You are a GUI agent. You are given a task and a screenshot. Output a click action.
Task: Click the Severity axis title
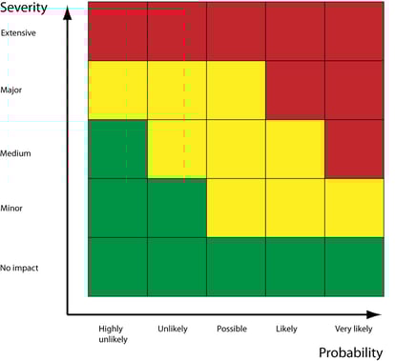(25, 10)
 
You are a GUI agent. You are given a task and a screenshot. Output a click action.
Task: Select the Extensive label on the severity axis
(19, 33)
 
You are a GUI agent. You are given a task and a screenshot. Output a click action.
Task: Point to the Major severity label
(12, 90)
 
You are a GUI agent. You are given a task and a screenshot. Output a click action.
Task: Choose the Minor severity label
(12, 208)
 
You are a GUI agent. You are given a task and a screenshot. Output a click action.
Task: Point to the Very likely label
(354, 329)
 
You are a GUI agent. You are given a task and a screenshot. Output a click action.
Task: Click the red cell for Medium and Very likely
(354, 149)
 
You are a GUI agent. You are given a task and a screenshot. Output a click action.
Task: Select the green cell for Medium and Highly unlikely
(117, 149)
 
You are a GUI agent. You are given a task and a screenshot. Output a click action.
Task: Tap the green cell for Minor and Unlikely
(177, 208)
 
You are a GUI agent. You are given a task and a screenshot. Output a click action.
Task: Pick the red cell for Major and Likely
(295, 90)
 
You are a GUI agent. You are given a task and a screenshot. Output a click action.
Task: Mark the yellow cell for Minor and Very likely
(354, 208)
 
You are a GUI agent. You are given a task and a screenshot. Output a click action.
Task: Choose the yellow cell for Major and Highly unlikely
(117, 90)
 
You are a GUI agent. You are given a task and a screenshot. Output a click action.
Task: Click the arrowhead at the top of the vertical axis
(67, 14)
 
